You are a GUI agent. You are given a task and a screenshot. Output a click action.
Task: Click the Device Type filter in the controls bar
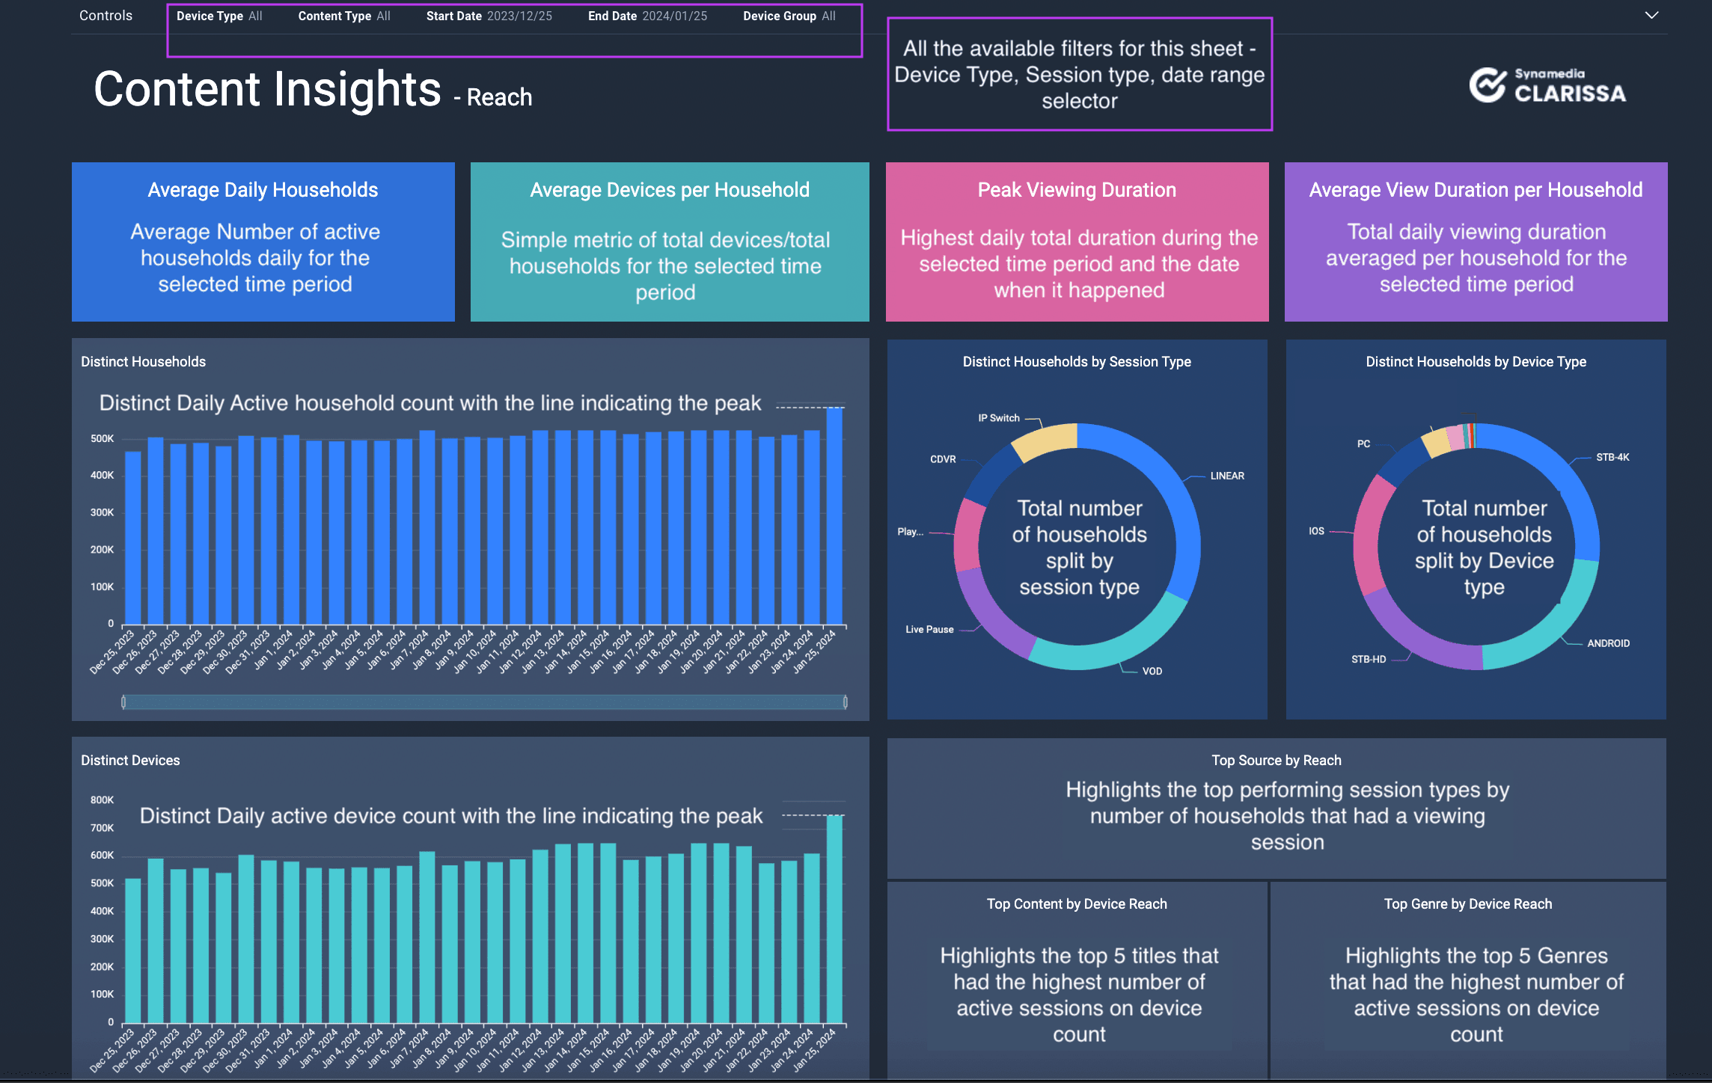click(x=219, y=16)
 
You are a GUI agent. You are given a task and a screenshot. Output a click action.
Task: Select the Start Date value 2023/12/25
click(x=519, y=16)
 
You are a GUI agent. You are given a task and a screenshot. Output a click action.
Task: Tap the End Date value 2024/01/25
click(x=674, y=16)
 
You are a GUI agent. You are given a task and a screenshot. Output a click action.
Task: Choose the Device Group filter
click(x=789, y=16)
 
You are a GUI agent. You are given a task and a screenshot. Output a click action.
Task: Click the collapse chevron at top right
click(x=1651, y=15)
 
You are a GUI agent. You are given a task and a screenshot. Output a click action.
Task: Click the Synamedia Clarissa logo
click(x=1547, y=85)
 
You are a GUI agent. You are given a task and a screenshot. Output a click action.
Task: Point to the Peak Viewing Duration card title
click(x=1077, y=190)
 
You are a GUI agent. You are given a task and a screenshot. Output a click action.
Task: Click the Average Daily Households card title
click(x=263, y=190)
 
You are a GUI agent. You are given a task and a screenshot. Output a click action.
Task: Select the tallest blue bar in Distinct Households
click(x=834, y=516)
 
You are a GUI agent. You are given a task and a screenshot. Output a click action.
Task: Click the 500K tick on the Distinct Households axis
click(x=103, y=438)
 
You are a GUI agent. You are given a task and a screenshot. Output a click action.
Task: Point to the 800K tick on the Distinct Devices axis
click(x=103, y=800)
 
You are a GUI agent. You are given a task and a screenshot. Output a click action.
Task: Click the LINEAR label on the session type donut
click(x=1227, y=476)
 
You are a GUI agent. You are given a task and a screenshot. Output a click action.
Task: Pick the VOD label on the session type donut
click(x=1152, y=671)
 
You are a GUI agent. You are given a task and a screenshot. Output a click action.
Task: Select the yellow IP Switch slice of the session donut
click(x=1044, y=441)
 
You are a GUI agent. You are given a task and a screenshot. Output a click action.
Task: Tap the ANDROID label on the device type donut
click(x=1608, y=643)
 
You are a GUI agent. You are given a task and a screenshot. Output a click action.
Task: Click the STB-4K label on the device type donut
click(x=1612, y=457)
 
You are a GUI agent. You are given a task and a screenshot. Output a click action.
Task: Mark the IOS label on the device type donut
click(x=1316, y=531)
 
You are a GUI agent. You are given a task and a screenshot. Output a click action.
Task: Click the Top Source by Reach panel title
click(x=1276, y=760)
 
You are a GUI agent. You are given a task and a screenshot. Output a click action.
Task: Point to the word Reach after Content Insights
click(x=499, y=97)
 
